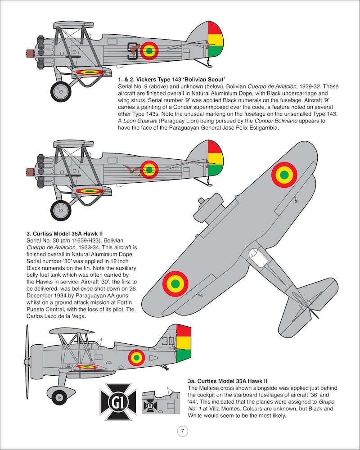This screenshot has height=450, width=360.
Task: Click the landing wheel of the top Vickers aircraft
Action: click(61, 91)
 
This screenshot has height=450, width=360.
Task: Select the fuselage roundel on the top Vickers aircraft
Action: click(149, 51)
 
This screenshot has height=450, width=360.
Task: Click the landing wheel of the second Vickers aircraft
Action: click(61, 210)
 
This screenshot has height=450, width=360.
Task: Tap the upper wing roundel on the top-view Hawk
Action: click(284, 175)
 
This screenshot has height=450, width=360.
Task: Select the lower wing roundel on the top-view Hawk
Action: click(175, 284)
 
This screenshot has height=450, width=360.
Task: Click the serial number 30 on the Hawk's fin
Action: click(168, 341)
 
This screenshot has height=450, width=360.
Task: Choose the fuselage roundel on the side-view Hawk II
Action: click(136, 358)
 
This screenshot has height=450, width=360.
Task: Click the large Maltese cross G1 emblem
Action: click(118, 402)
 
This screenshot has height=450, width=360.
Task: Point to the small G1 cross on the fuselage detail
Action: click(150, 406)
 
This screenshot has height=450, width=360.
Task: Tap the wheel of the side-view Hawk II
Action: click(59, 397)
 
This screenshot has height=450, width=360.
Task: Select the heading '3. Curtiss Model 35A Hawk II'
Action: click(65, 234)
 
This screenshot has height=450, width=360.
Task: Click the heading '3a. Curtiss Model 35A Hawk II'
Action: click(228, 381)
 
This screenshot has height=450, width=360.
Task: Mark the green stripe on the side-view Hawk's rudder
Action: click(183, 355)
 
